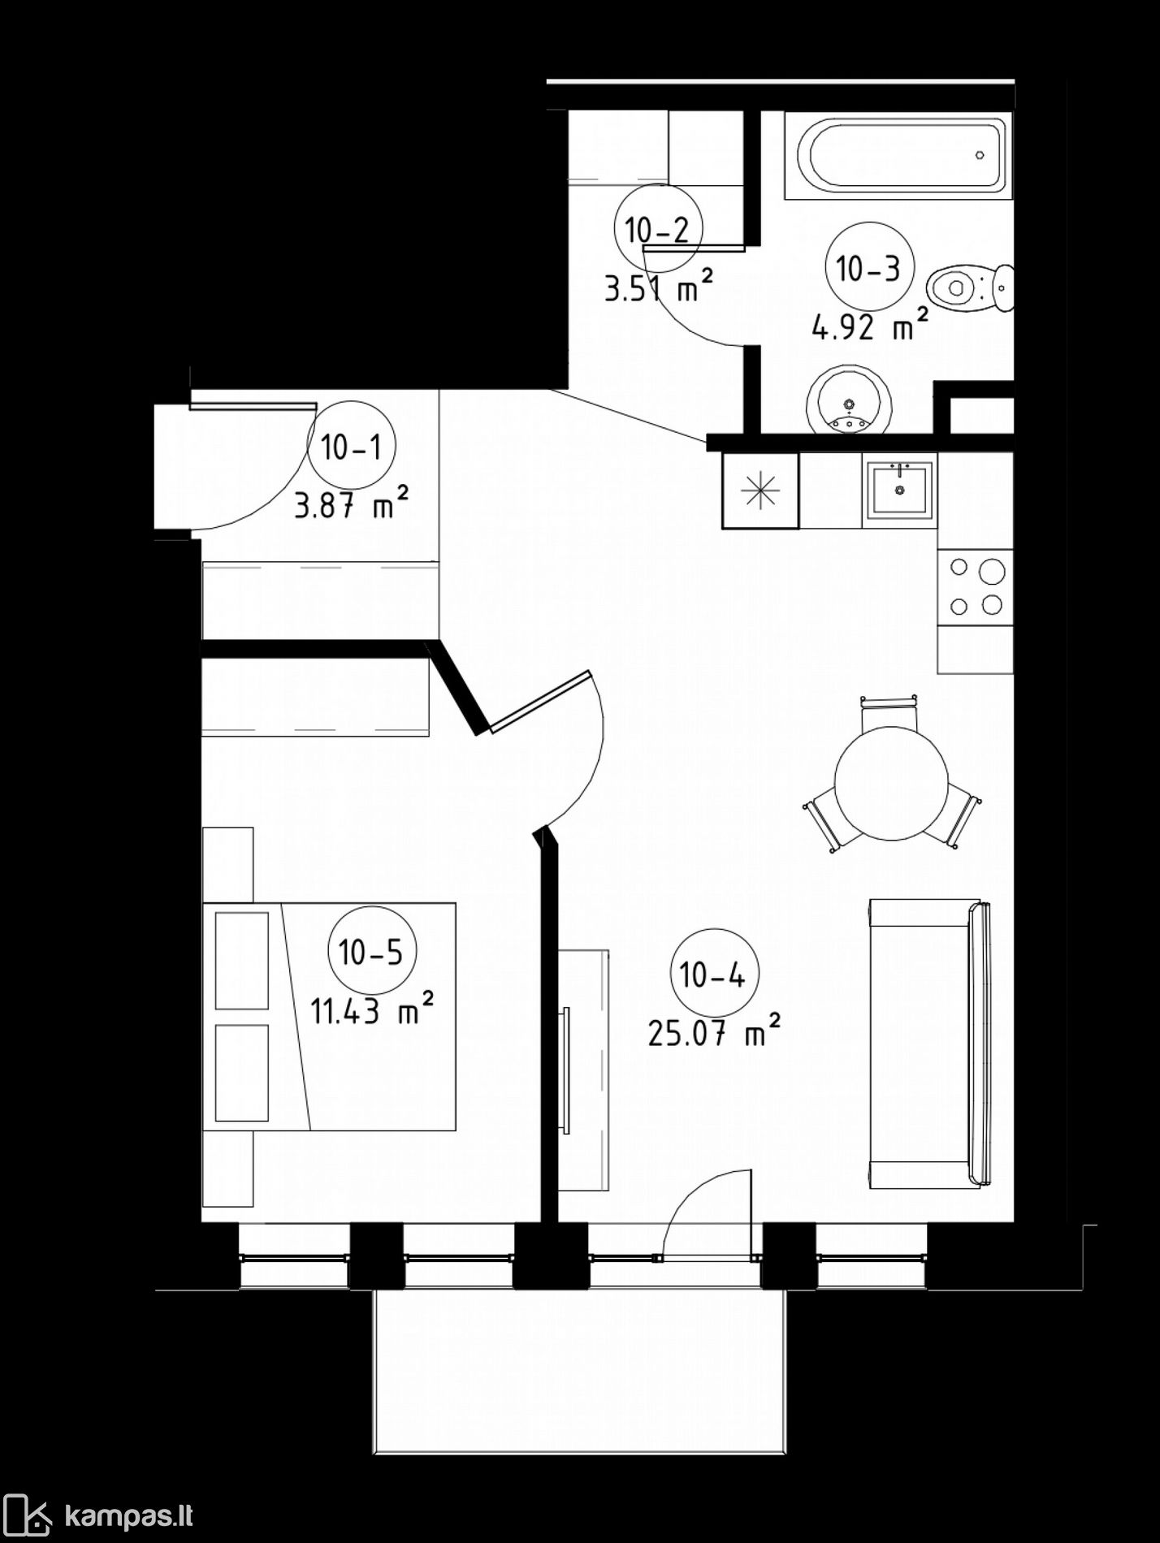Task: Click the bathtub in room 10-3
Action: (898, 155)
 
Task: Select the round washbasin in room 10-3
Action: (849, 402)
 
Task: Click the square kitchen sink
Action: (899, 488)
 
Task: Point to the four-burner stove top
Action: (976, 587)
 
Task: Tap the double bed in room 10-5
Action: (329, 1016)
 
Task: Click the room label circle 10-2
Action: (657, 230)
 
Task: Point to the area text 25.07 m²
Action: (715, 1032)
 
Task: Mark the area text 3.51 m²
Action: (658, 286)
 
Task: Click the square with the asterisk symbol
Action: (760, 491)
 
